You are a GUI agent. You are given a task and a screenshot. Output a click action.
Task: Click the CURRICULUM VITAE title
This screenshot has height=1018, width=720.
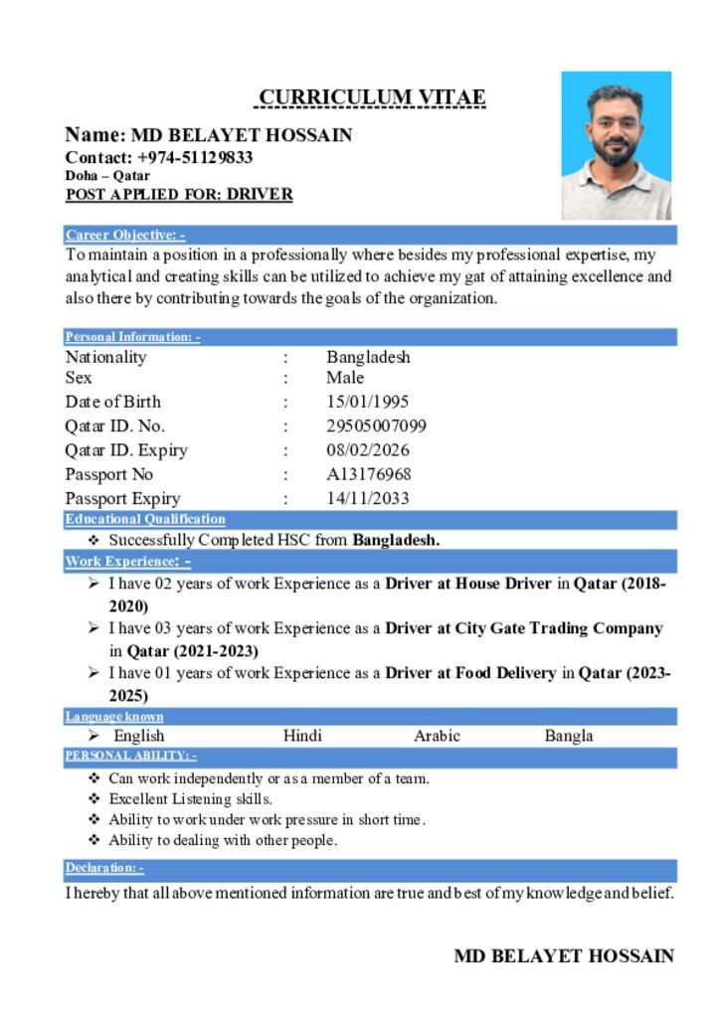tap(372, 97)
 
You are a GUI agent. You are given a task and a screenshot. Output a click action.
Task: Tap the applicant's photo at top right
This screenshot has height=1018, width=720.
tap(616, 145)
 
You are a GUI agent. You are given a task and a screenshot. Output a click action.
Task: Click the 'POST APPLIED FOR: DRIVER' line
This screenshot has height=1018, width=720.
tap(179, 194)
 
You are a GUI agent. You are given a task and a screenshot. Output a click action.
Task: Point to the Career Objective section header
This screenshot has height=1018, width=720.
tap(125, 236)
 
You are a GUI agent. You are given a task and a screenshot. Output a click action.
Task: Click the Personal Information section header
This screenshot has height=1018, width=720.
tap(132, 337)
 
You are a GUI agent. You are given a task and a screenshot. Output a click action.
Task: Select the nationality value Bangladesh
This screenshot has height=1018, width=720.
tap(368, 357)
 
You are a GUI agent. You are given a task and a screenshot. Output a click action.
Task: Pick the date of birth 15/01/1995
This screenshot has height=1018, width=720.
tap(367, 402)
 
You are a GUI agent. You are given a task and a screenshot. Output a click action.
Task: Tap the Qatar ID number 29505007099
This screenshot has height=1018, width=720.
tap(376, 426)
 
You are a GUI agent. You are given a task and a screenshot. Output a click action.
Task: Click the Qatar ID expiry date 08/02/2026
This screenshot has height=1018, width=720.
tap(367, 450)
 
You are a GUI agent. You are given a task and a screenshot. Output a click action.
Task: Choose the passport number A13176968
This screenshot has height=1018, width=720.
tap(368, 474)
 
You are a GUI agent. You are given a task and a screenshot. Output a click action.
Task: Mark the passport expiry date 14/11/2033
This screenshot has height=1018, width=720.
tap(367, 498)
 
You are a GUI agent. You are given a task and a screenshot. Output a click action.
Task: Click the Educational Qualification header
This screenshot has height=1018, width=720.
tap(145, 519)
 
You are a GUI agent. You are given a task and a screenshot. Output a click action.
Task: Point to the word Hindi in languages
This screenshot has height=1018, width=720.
tap(302, 736)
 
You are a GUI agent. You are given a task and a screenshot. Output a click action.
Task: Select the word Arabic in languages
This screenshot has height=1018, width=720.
tap(437, 736)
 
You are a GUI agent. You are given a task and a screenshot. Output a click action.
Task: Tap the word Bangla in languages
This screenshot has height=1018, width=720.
tap(569, 736)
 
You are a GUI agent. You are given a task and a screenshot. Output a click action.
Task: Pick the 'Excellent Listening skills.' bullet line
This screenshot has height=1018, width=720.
tap(190, 798)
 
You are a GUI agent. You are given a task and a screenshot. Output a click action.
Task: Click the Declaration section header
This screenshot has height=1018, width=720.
tap(104, 868)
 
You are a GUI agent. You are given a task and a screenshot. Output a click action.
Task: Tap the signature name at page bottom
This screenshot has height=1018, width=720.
tap(564, 956)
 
